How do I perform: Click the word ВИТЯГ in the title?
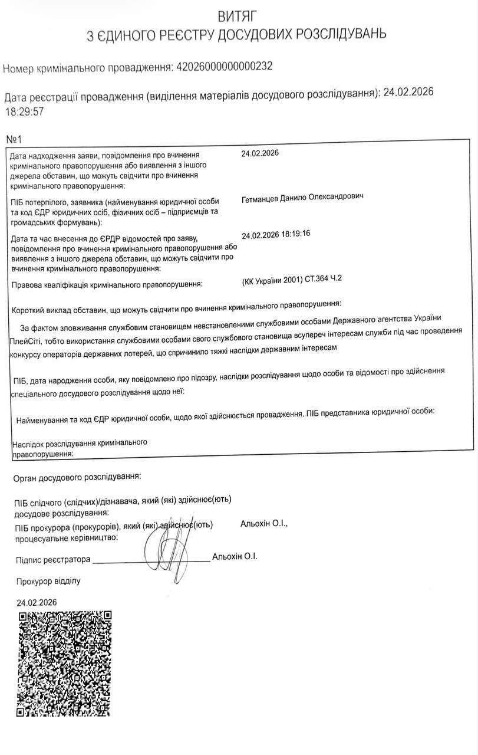237,15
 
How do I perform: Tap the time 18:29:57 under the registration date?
24,110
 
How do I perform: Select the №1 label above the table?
14,140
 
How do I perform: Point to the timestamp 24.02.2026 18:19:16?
276,234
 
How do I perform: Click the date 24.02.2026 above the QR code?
37,602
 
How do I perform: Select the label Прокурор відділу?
48,581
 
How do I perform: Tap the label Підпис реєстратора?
52,559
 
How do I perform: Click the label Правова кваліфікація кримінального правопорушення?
107,285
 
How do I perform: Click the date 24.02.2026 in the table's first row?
259,153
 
